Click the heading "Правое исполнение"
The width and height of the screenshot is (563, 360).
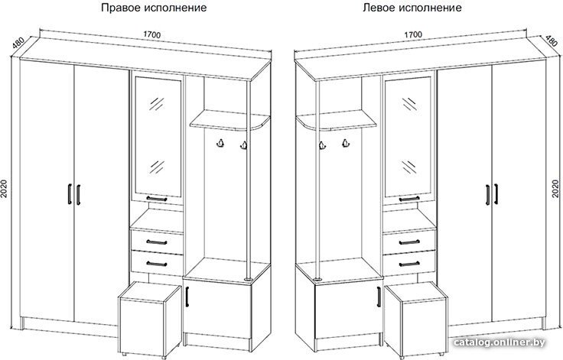click(154, 8)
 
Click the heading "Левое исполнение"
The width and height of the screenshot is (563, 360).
click(412, 8)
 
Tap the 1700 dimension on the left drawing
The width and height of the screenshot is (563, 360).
click(152, 35)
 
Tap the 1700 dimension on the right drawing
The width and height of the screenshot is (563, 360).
click(413, 35)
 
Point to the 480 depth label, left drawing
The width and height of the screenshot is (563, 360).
click(18, 43)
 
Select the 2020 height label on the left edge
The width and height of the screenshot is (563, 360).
click(4, 189)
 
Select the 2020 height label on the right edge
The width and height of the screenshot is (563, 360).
click(555, 189)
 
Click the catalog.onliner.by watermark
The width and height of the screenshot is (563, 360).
click(499, 342)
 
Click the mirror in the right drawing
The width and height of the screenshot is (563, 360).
click(408, 137)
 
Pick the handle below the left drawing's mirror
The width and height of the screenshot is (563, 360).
click(157, 199)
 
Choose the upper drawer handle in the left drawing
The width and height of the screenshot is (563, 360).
click(157, 242)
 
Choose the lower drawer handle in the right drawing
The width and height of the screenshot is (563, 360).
click(409, 264)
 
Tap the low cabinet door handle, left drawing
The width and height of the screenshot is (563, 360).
click(187, 297)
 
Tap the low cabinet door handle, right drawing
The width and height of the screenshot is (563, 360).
click(379, 297)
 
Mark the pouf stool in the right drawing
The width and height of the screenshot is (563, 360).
click(416, 318)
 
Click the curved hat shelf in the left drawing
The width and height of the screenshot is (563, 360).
click(229, 120)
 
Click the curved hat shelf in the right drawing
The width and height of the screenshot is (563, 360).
click(336, 120)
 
